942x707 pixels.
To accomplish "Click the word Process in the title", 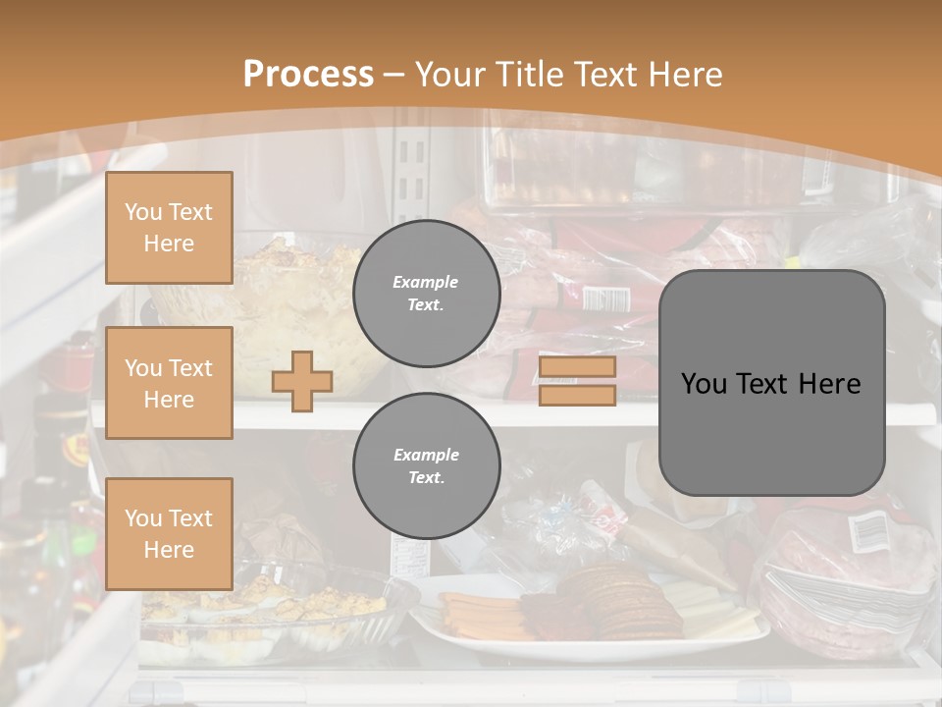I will click(308, 75).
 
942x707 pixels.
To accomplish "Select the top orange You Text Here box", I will click(169, 228).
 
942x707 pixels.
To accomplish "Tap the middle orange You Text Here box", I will click(169, 383).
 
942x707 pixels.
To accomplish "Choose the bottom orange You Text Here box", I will click(169, 533).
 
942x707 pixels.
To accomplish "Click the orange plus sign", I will click(302, 381).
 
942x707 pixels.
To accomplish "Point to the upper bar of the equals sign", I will click(577, 367).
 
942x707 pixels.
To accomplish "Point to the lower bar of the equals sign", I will click(577, 395).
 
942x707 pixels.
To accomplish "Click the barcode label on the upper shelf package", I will click(604, 298).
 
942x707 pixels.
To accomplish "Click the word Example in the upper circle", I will click(426, 282).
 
